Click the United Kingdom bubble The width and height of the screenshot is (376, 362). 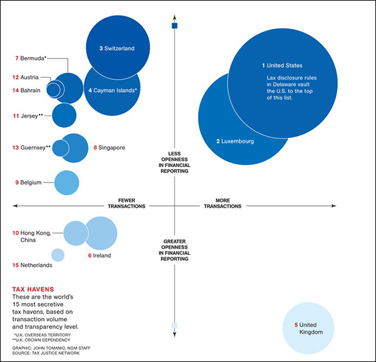click(311, 329)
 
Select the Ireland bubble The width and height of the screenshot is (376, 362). click(102, 233)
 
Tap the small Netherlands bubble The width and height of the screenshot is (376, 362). click(58, 255)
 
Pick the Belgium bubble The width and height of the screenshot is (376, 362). click(67, 183)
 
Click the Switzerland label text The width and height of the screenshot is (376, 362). click(117, 48)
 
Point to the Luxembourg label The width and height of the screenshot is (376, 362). click(235, 142)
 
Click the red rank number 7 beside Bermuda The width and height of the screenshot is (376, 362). click(17, 58)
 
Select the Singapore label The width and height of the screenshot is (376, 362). click(109, 148)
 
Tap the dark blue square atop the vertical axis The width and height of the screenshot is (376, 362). click(175, 26)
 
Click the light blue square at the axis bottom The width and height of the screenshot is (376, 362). click(175, 325)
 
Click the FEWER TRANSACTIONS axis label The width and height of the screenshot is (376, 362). click(127, 203)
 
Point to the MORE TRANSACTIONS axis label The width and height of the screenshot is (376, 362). click(222, 203)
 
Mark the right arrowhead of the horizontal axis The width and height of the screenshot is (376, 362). click(334, 205)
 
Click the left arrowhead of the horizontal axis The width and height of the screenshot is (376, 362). click(15, 205)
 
